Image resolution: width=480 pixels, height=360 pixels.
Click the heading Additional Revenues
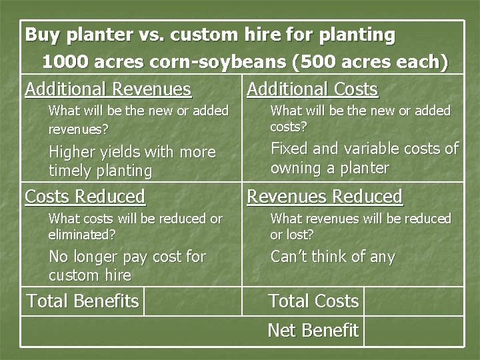(108, 89)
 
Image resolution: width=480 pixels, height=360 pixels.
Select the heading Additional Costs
(312, 89)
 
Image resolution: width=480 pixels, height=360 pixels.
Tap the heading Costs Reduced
(85, 197)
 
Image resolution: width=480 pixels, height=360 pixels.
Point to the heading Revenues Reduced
(325, 197)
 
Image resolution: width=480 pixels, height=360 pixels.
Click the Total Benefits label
(83, 301)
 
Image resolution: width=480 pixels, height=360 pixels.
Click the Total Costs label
(313, 301)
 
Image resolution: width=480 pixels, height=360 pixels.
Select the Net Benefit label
(313, 330)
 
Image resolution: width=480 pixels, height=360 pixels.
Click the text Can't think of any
(333, 257)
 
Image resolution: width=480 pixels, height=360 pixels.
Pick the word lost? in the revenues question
(300, 235)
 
